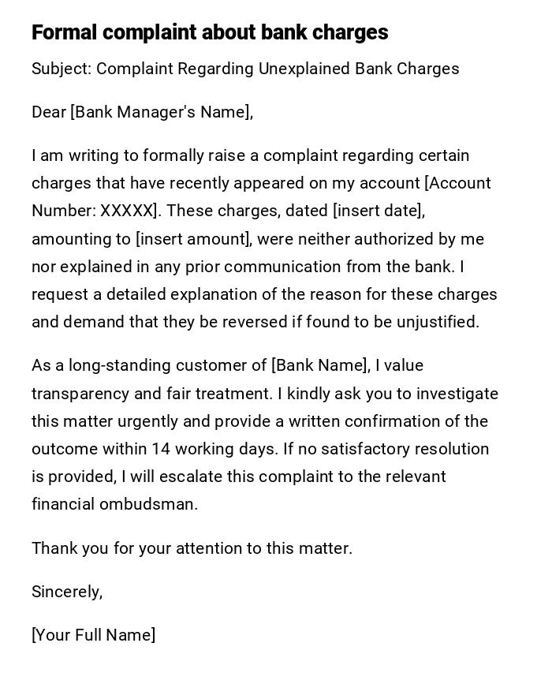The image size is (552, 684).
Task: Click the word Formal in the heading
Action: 65,32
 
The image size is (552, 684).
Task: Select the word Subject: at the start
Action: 62,69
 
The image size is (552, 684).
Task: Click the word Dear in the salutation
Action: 49,112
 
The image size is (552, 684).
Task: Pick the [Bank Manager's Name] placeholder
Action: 161,112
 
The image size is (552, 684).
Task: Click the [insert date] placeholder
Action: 379,211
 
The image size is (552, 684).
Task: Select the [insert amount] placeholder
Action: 192,239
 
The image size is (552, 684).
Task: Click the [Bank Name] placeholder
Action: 320,365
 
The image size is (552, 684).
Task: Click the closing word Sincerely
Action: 66,592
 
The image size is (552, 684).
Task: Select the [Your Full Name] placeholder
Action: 93,635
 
